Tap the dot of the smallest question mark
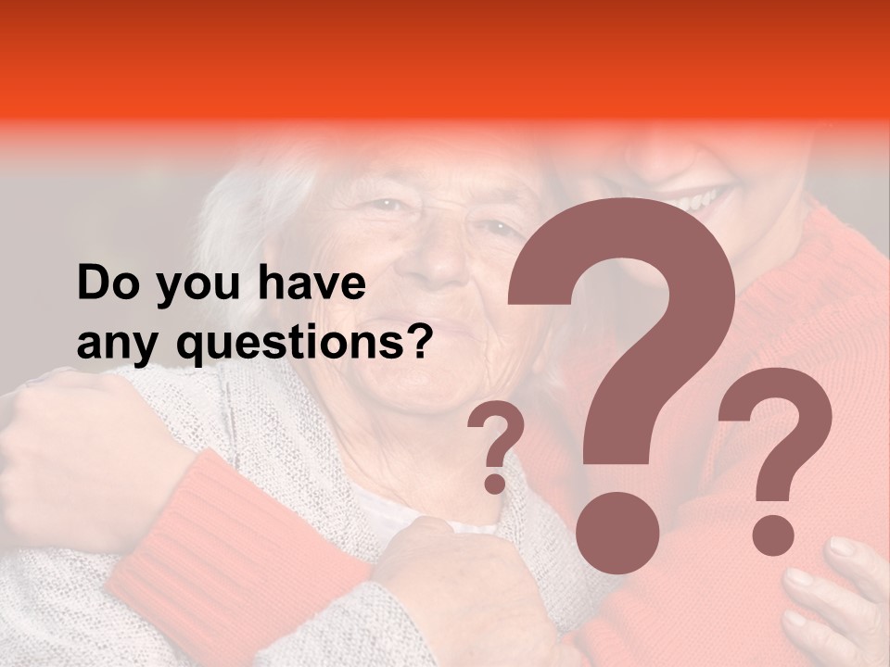tap(496, 484)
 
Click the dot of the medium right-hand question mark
tap(772, 535)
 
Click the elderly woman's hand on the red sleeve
tap(454, 574)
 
